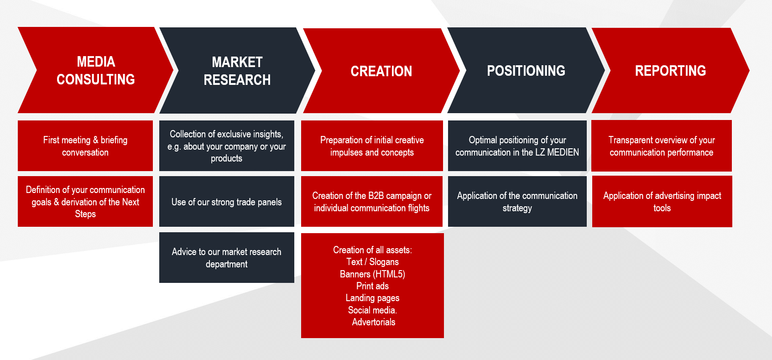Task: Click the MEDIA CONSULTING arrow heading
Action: point(95,70)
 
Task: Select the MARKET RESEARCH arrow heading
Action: point(237,71)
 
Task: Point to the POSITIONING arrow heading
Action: point(526,71)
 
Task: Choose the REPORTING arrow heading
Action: point(670,71)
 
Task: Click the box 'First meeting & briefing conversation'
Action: point(85,146)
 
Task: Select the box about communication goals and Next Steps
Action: point(85,202)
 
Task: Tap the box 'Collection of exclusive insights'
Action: point(227,146)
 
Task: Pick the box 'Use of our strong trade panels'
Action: point(227,202)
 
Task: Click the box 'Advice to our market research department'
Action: point(227,258)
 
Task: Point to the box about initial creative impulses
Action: point(372,146)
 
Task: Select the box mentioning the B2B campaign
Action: point(372,202)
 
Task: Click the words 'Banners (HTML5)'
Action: point(373,274)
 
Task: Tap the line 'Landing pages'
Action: point(373,298)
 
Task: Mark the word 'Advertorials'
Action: point(374,322)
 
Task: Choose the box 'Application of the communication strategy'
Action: point(517,202)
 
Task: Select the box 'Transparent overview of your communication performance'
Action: point(662,146)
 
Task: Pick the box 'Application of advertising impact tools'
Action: point(662,202)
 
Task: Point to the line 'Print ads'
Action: point(373,286)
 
